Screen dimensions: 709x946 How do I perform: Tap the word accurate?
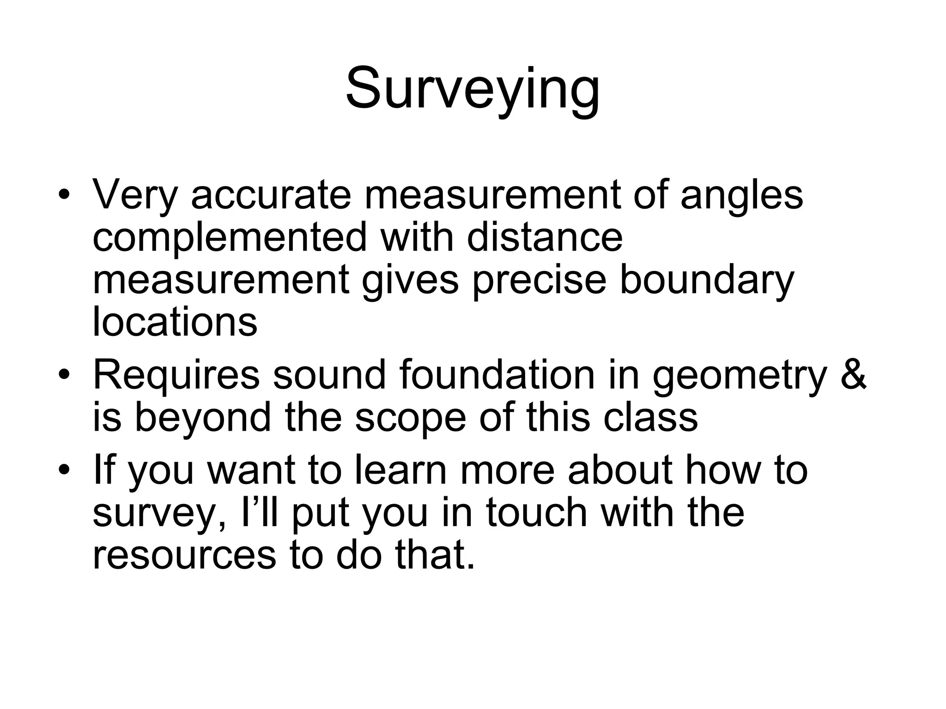[271, 195]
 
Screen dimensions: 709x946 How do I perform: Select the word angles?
[742, 195]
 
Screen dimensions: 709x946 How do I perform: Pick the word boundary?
[706, 280]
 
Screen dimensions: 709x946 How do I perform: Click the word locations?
[175, 322]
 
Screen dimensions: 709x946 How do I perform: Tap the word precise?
[539, 280]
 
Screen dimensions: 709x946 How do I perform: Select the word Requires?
[177, 375]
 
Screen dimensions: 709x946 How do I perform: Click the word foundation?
[497, 375]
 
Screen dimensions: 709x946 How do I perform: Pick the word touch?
[536, 512]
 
